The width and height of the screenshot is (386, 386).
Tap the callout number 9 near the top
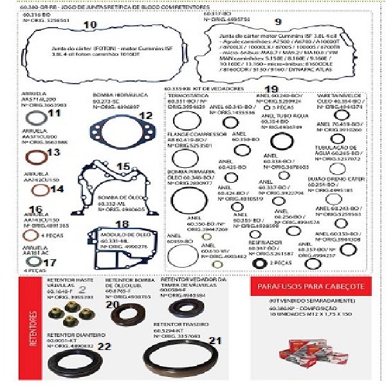coord(278,22)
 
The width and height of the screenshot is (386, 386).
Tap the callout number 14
coord(57,188)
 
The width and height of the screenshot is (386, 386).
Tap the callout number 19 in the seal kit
coord(271,89)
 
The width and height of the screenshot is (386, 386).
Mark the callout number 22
coord(104,347)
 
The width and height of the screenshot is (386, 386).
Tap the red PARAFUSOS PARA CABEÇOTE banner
coord(311,286)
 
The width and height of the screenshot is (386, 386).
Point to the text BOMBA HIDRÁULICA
coord(111,95)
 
